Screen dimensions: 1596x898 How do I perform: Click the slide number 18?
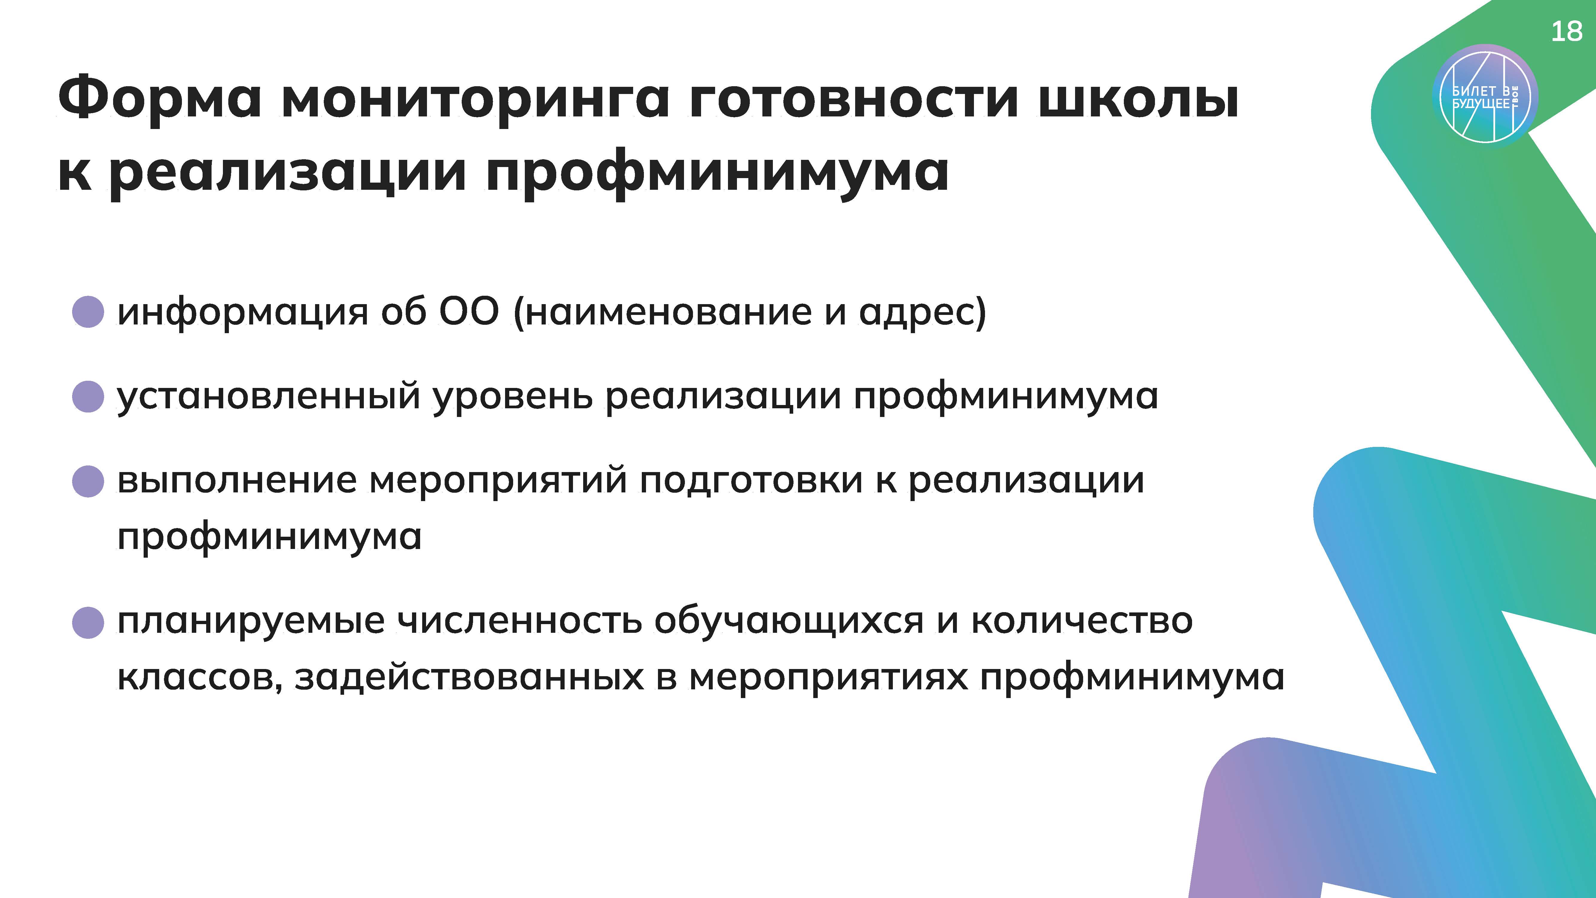[1566, 31]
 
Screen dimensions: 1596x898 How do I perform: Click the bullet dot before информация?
[88, 311]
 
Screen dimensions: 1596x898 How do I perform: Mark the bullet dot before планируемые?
[88, 622]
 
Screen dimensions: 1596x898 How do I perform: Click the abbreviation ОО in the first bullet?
[468, 311]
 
